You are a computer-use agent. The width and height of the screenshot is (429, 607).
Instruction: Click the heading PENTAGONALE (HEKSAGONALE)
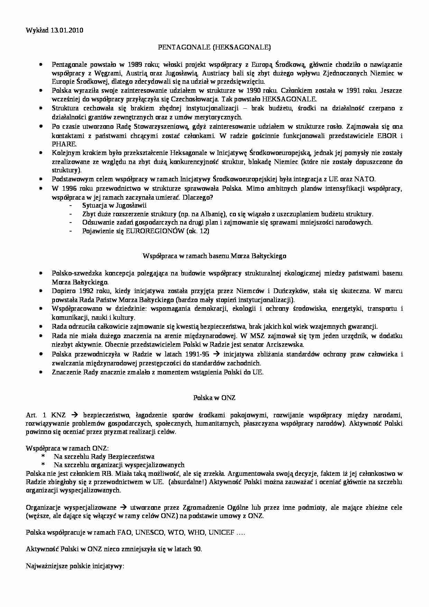pos(214,47)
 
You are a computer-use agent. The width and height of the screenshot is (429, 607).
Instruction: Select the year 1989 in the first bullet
pos(135,64)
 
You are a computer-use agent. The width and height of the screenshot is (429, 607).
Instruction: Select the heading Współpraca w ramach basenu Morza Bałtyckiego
pos(214,256)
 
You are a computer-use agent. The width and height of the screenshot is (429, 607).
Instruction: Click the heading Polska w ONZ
pos(214,398)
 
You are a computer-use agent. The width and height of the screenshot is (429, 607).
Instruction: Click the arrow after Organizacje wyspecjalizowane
pos(123,508)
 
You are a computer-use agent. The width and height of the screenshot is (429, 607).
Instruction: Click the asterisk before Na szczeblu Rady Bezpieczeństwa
pos(44,456)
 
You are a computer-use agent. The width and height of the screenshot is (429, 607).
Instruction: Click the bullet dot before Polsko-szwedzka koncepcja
pos(41,273)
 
